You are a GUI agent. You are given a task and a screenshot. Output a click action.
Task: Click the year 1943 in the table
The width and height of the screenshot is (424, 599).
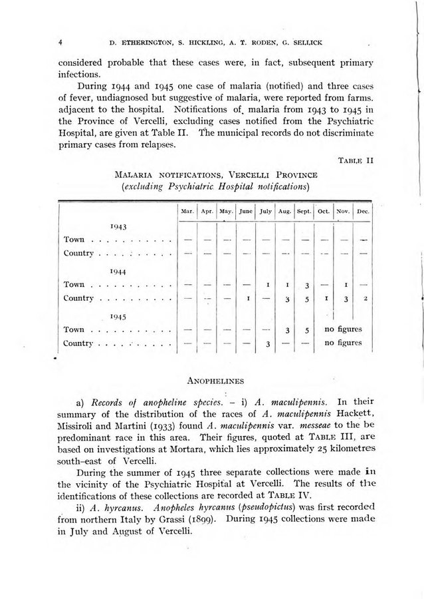tap(120, 226)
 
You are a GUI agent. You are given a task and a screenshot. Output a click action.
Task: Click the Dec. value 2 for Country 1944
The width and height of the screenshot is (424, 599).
tap(366, 298)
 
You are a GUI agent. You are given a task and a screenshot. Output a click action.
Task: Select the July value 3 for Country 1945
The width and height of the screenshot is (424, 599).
tap(266, 343)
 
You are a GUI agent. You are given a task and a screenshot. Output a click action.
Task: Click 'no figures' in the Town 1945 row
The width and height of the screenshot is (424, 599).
tap(342, 329)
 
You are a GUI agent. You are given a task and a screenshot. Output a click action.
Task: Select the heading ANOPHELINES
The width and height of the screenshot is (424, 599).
tap(213, 382)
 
